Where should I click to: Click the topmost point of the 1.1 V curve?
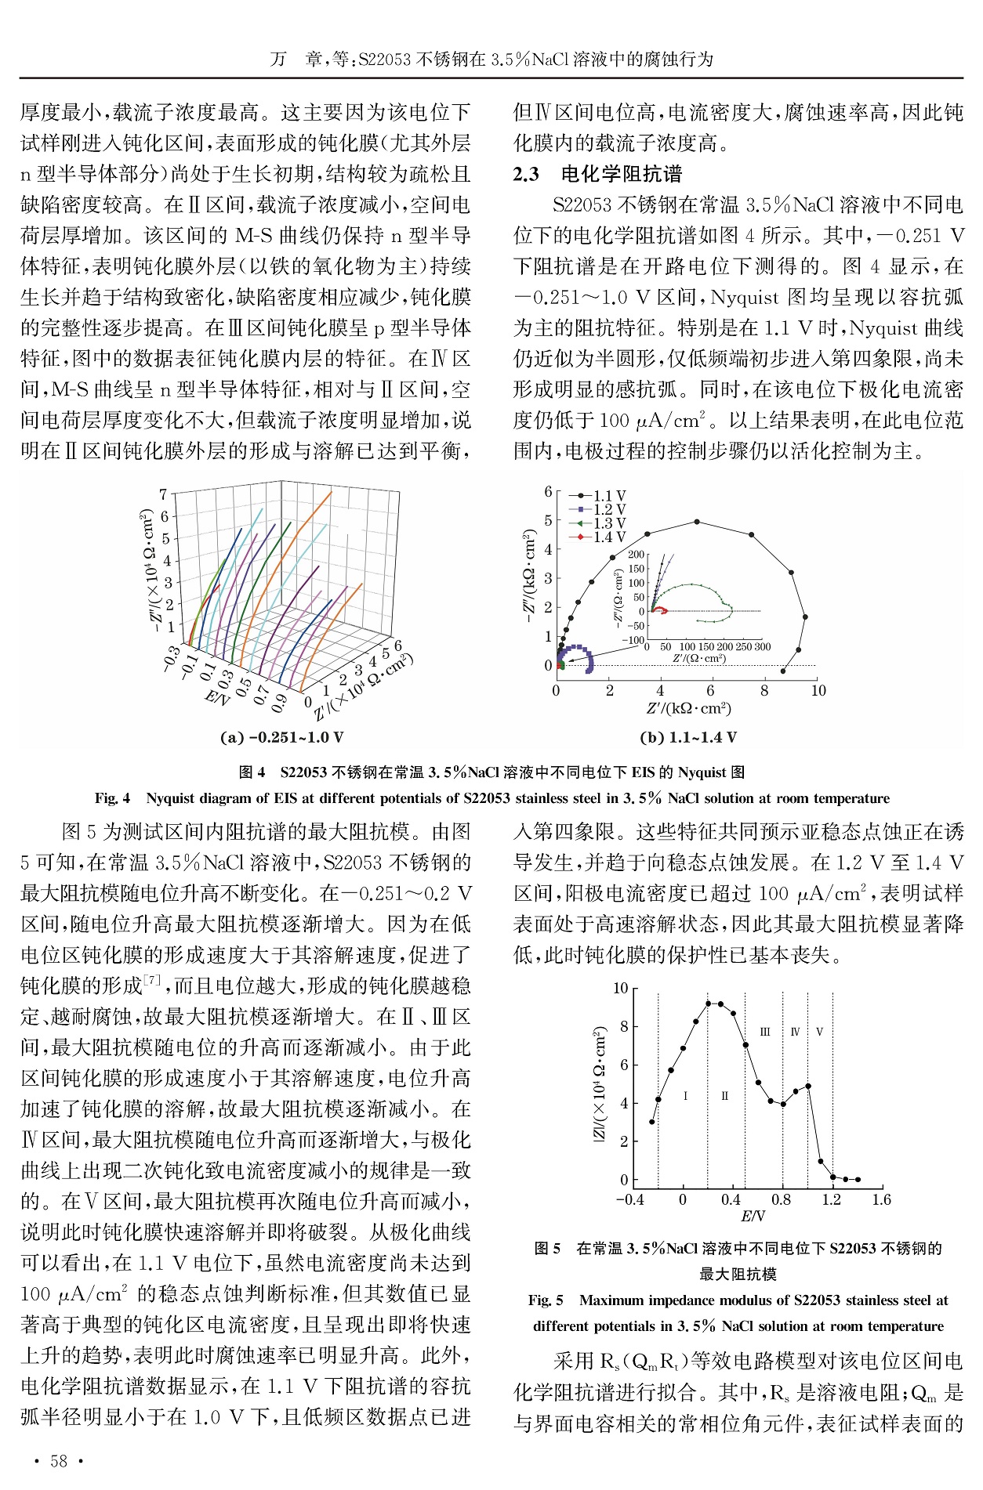[x=697, y=522]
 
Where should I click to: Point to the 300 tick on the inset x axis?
[x=762, y=647]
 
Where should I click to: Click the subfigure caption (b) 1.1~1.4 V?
[x=687, y=737]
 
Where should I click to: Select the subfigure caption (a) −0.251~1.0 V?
[x=283, y=737]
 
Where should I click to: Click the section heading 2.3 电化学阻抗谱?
[x=597, y=174]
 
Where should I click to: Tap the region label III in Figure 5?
[x=765, y=1032]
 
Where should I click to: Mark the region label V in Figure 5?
[x=819, y=1032]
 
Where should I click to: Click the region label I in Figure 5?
[x=685, y=1096]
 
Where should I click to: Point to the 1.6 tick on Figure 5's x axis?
[x=881, y=1199]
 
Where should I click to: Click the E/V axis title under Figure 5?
[x=753, y=1217]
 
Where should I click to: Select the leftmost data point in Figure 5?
[x=652, y=1122]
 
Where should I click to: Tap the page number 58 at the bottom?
[x=60, y=1461]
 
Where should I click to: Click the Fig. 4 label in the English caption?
[x=112, y=798]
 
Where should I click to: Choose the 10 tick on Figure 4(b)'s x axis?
[x=818, y=690]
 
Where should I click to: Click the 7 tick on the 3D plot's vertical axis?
[x=163, y=494]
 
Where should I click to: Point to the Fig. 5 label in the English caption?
[x=546, y=1300]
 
